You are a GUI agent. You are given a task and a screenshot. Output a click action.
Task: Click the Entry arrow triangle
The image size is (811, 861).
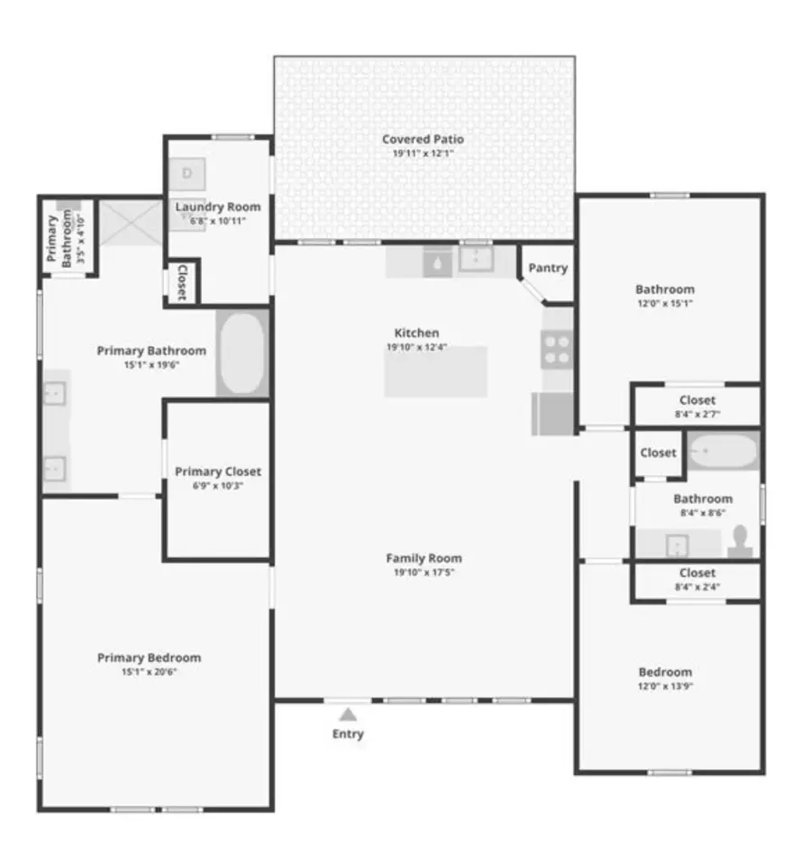348,714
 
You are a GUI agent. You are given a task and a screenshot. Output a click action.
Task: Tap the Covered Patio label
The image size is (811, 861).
423,139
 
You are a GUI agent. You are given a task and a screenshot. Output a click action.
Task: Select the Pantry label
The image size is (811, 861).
548,268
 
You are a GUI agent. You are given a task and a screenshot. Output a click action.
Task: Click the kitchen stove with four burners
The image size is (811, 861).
557,349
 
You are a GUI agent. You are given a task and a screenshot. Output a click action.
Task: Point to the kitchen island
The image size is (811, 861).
436,371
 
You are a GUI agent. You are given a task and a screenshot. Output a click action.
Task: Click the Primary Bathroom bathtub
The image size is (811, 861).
242,353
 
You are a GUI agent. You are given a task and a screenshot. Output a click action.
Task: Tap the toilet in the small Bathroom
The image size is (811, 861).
741,539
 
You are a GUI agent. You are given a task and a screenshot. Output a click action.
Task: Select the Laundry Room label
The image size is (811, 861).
217,206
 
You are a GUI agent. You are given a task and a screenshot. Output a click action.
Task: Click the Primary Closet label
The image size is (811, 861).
218,472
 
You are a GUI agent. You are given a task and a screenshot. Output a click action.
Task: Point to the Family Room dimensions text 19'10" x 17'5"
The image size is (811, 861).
424,572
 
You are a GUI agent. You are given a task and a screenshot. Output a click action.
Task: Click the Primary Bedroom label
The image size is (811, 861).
149,657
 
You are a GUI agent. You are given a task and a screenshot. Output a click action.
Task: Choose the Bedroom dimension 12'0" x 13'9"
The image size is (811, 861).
665,685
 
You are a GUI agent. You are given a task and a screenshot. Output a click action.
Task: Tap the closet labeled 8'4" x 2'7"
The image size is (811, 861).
697,406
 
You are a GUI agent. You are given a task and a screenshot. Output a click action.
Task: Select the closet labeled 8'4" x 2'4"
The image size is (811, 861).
697,580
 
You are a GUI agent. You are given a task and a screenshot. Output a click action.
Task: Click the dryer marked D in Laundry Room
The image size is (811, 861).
187,172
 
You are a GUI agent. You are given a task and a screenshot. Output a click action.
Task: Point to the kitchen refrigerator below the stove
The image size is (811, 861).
553,414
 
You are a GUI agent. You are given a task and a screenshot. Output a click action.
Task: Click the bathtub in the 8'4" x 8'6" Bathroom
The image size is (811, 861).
724,451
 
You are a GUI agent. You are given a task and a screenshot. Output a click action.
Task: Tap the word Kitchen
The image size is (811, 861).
416,333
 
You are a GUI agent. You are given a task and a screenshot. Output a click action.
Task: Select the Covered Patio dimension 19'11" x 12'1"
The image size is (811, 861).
423,153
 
